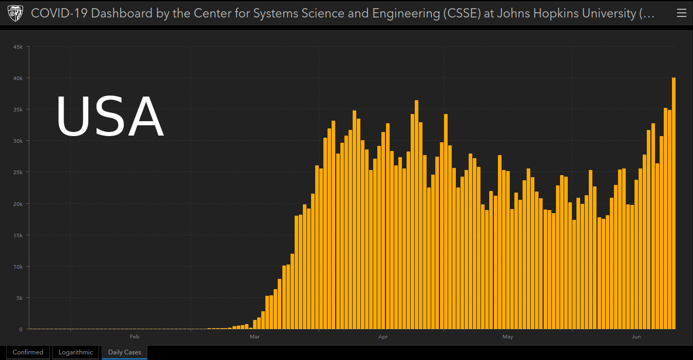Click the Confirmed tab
[x=28, y=352]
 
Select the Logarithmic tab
[x=75, y=352]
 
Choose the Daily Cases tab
[x=124, y=352]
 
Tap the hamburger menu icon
[x=681, y=13]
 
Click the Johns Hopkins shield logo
[x=15, y=13]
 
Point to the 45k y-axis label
[x=17, y=47]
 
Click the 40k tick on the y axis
[x=17, y=78]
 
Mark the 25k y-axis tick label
[x=17, y=172]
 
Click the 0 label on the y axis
[x=21, y=329]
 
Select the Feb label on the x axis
[x=134, y=337]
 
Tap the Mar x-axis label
[x=255, y=337]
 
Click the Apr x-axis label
[x=382, y=337]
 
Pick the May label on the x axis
[x=508, y=337]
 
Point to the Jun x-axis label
[x=636, y=337]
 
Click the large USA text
[x=109, y=118]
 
